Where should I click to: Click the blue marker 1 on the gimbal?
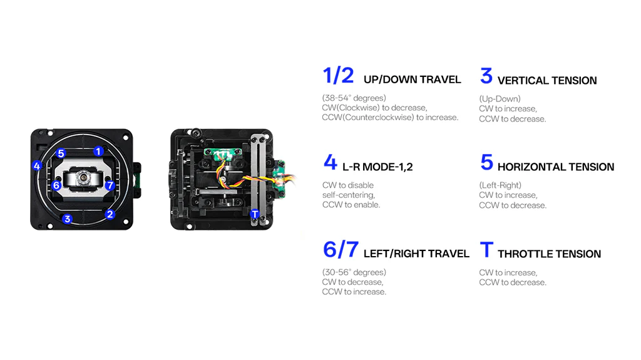(98, 152)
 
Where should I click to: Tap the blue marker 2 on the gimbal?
(110, 214)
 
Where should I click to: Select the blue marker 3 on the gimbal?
(68, 219)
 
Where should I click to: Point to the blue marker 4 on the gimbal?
(37, 166)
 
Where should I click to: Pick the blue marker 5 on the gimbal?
(61, 153)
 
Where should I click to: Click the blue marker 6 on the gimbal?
(56, 185)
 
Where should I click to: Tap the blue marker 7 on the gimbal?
(110, 185)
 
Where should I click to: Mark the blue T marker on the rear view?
(255, 214)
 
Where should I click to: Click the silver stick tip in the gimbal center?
(84, 178)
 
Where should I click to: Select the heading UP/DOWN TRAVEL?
(412, 80)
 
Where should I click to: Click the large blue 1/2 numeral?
(338, 76)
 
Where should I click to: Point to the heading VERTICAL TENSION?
(547, 81)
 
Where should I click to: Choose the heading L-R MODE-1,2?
(377, 167)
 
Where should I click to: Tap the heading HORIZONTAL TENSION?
(556, 167)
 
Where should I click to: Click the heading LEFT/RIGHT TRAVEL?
(416, 254)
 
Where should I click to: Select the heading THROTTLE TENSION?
(549, 254)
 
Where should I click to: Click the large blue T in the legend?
(486, 250)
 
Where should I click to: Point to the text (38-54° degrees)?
(354, 98)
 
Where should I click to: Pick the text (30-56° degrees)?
(354, 272)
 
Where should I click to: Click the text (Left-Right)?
(500, 185)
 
